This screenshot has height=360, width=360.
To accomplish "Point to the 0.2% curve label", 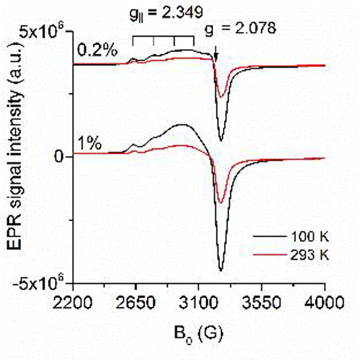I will tap(98, 50).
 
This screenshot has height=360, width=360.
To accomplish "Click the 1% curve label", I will tap(89, 143).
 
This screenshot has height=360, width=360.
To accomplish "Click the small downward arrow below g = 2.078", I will tap(215, 55).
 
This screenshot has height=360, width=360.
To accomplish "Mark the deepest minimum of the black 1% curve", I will tap(221, 270).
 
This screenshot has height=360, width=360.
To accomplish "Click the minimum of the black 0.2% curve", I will tap(221, 140).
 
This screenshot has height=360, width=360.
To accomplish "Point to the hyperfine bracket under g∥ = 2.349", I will tap(163, 38).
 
